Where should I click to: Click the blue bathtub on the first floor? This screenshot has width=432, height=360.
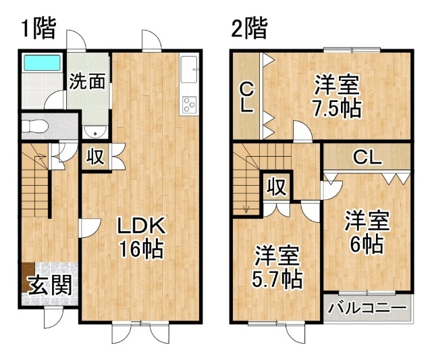point(42,63)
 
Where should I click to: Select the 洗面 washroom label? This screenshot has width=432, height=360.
point(87,82)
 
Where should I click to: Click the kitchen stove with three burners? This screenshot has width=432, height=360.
point(189,105)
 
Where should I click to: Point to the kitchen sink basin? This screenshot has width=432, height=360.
point(189,69)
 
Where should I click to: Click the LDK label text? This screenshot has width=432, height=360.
point(141,226)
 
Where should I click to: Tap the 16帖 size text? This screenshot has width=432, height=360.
point(141,249)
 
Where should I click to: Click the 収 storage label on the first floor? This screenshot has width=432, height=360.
point(95,157)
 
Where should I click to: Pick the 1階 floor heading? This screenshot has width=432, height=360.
point(39,28)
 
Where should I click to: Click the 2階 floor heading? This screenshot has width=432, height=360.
point(250,28)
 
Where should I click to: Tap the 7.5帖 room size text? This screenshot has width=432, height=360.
point(336,109)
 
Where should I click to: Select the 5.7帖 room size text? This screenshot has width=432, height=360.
point(277,279)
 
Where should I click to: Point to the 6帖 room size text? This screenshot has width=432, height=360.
point(367,244)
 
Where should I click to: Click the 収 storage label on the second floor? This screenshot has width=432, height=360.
point(277,187)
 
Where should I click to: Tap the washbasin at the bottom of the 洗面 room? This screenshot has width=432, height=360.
point(95,132)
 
